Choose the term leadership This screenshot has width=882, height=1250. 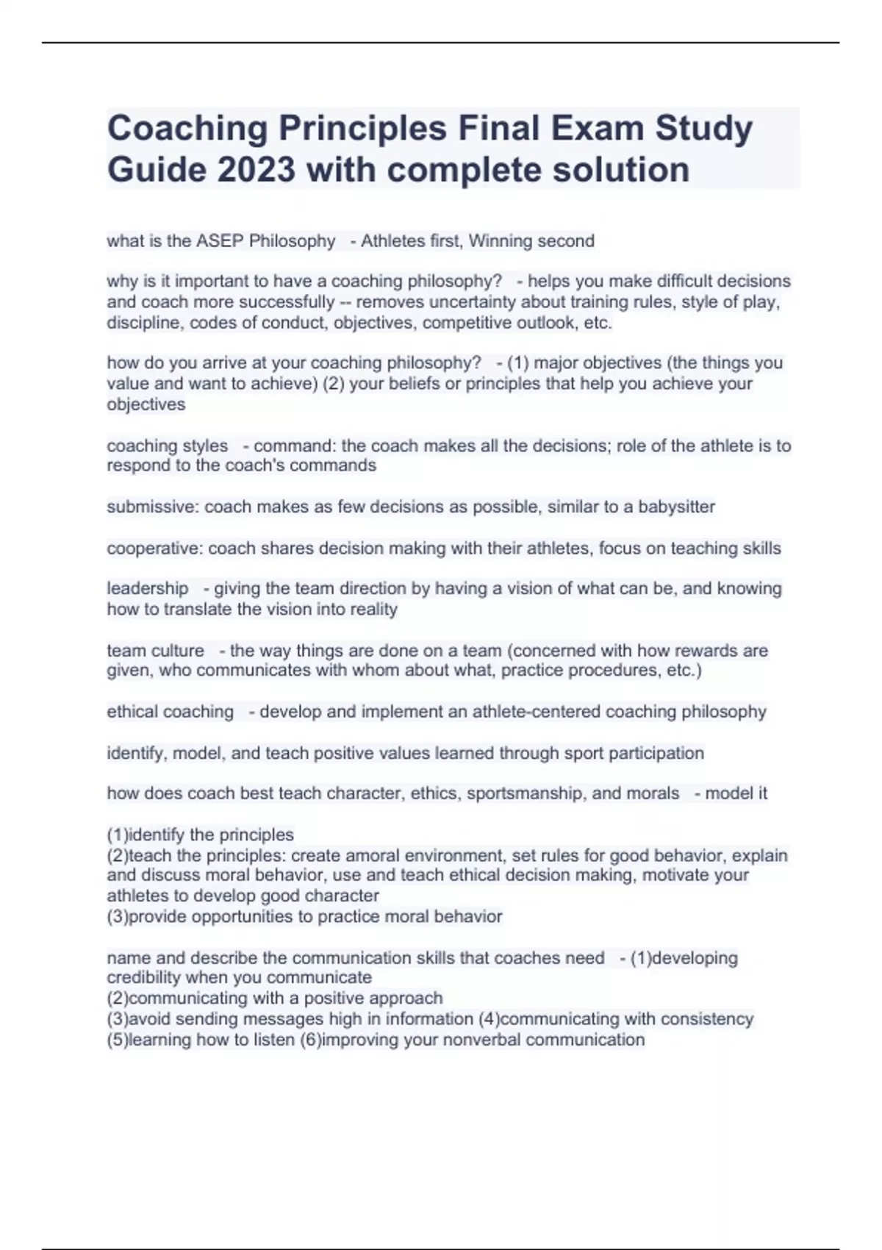click(148, 588)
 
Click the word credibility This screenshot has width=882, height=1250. click(144, 977)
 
